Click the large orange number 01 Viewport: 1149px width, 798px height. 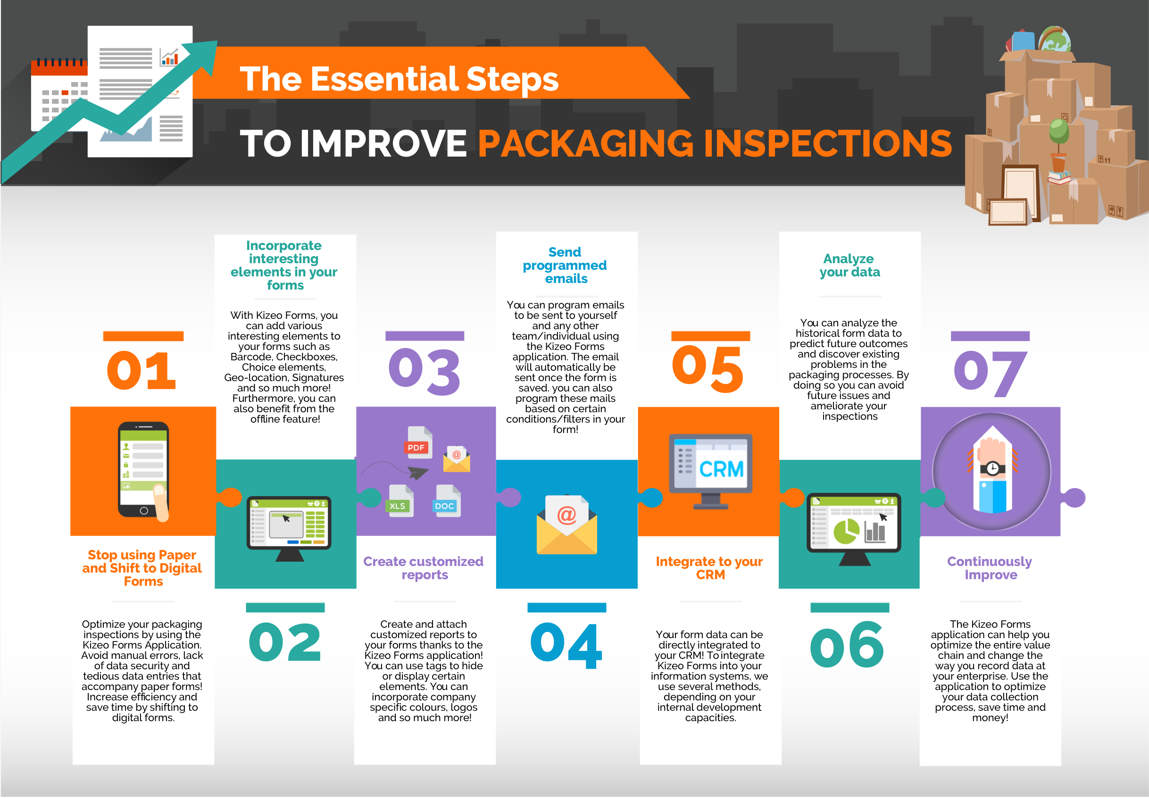(x=142, y=370)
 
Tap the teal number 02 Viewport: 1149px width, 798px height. (x=284, y=642)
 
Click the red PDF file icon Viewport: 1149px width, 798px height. (x=418, y=443)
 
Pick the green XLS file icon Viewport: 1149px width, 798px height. (x=400, y=501)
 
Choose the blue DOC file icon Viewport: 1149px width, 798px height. (x=447, y=501)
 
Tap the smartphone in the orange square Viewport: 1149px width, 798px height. (x=143, y=469)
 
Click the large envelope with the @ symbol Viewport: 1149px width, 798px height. (x=566, y=525)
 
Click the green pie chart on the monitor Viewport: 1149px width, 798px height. (x=846, y=532)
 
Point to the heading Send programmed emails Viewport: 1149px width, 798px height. (x=566, y=265)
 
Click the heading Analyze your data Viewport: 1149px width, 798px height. (x=849, y=265)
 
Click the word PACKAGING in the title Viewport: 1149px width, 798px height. (x=585, y=143)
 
